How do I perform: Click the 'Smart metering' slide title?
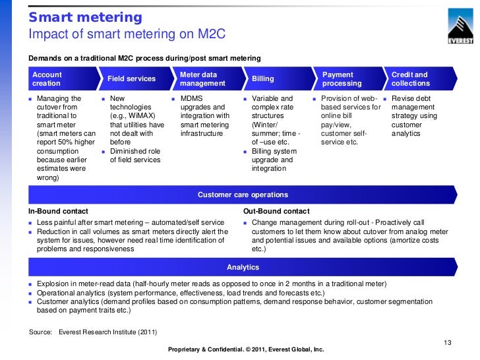pyautogui.click(x=85, y=17)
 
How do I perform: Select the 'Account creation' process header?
pyautogui.click(x=47, y=79)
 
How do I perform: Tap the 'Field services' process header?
pyautogui.click(x=131, y=79)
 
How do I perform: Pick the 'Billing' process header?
pyautogui.click(x=263, y=79)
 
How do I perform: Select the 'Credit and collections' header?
pyautogui.click(x=410, y=79)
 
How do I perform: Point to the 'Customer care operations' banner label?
pyautogui.click(x=243, y=195)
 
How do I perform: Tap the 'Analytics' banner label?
pyautogui.click(x=243, y=268)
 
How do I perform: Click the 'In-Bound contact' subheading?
pyautogui.click(x=58, y=211)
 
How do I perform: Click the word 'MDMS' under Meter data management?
pyautogui.click(x=192, y=98)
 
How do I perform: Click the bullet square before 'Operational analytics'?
pyautogui.click(x=30, y=293)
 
